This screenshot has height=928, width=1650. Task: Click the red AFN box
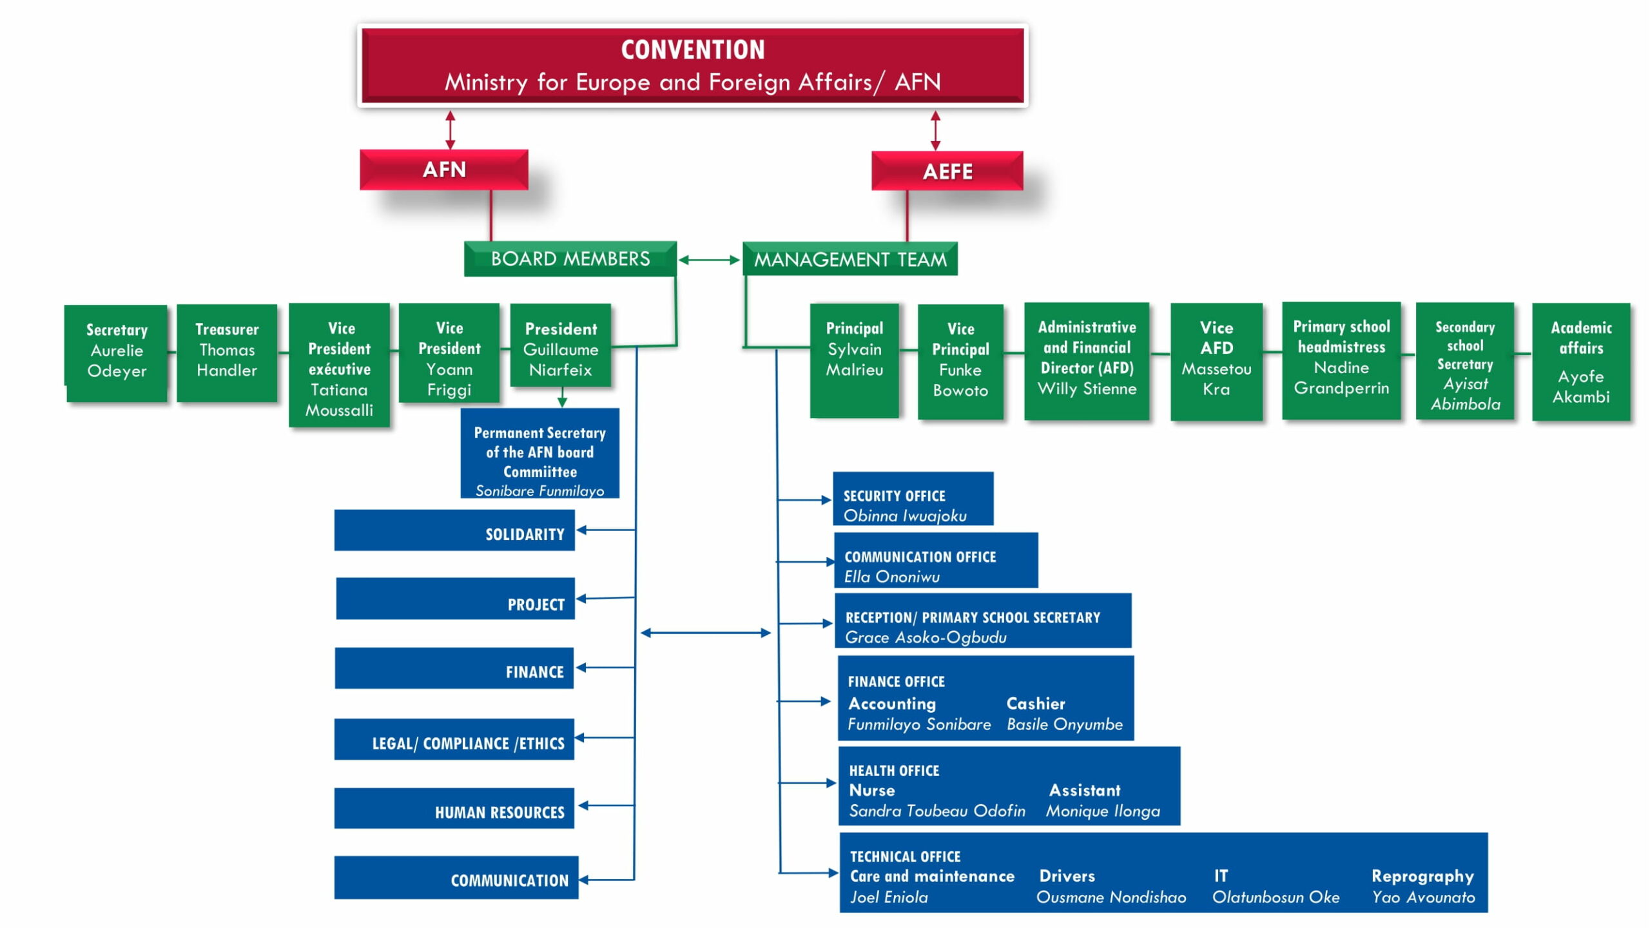(444, 169)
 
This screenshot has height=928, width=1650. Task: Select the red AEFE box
(947, 171)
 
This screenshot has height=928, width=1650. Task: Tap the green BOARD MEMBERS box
(570, 259)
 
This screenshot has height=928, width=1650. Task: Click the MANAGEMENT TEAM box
(850, 259)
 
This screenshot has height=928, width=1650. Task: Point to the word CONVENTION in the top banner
(693, 50)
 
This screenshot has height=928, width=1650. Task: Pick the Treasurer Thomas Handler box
(227, 353)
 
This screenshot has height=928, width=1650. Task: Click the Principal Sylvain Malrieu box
(855, 360)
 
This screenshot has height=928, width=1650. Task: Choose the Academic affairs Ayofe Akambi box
(1581, 362)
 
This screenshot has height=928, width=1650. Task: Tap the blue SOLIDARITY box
(454, 530)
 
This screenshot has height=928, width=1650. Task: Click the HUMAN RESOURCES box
(454, 808)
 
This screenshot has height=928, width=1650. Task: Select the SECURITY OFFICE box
(913, 499)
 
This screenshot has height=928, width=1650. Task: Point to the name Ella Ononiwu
(892, 577)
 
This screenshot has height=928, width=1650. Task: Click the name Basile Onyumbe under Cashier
(1065, 724)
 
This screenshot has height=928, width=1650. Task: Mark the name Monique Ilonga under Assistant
(1103, 811)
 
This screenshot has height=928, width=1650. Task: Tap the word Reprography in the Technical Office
(1422, 876)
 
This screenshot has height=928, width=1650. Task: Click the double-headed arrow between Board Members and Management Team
(709, 260)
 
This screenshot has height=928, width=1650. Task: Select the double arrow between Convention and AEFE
(935, 130)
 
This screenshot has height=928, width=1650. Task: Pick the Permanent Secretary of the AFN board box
(540, 453)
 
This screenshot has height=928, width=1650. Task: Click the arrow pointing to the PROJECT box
(606, 598)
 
